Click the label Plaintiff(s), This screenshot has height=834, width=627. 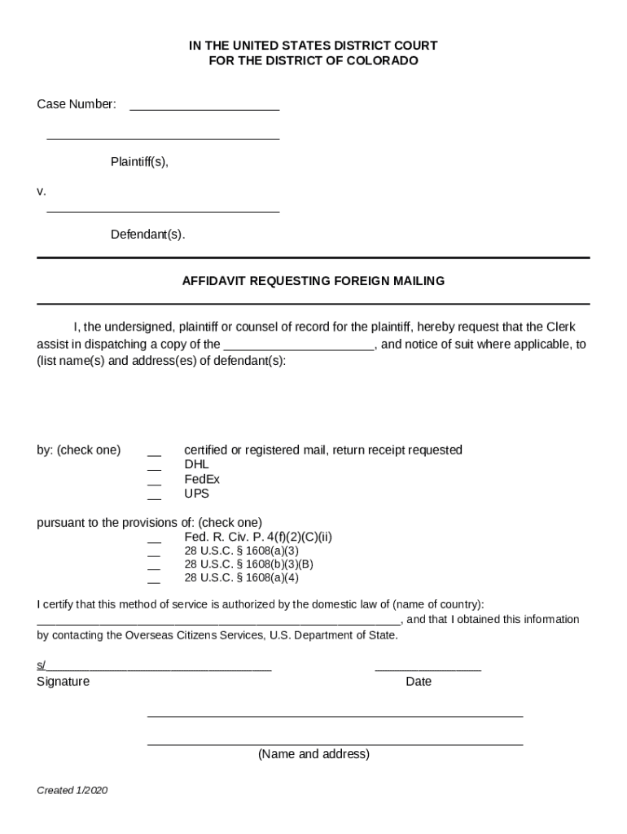(x=139, y=161)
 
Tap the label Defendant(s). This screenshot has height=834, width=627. (x=147, y=235)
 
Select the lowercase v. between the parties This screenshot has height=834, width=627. (x=42, y=191)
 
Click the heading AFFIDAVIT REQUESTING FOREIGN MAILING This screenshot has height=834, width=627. (x=313, y=281)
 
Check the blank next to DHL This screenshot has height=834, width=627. (x=154, y=467)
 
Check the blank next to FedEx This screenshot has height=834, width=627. (x=154, y=482)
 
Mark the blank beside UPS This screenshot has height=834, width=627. (x=154, y=497)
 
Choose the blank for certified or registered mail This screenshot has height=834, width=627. (x=154, y=453)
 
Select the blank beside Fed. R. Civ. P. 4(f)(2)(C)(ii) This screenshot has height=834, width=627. (x=154, y=540)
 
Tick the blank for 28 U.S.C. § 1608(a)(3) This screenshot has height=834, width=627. (x=154, y=554)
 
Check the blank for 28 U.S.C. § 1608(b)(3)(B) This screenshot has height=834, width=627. (x=154, y=567)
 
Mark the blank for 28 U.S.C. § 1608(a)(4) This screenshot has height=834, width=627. (x=154, y=581)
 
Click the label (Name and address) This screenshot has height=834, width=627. (x=313, y=754)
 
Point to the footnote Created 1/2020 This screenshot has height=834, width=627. (x=72, y=791)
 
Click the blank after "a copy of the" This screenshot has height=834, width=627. (x=299, y=346)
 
